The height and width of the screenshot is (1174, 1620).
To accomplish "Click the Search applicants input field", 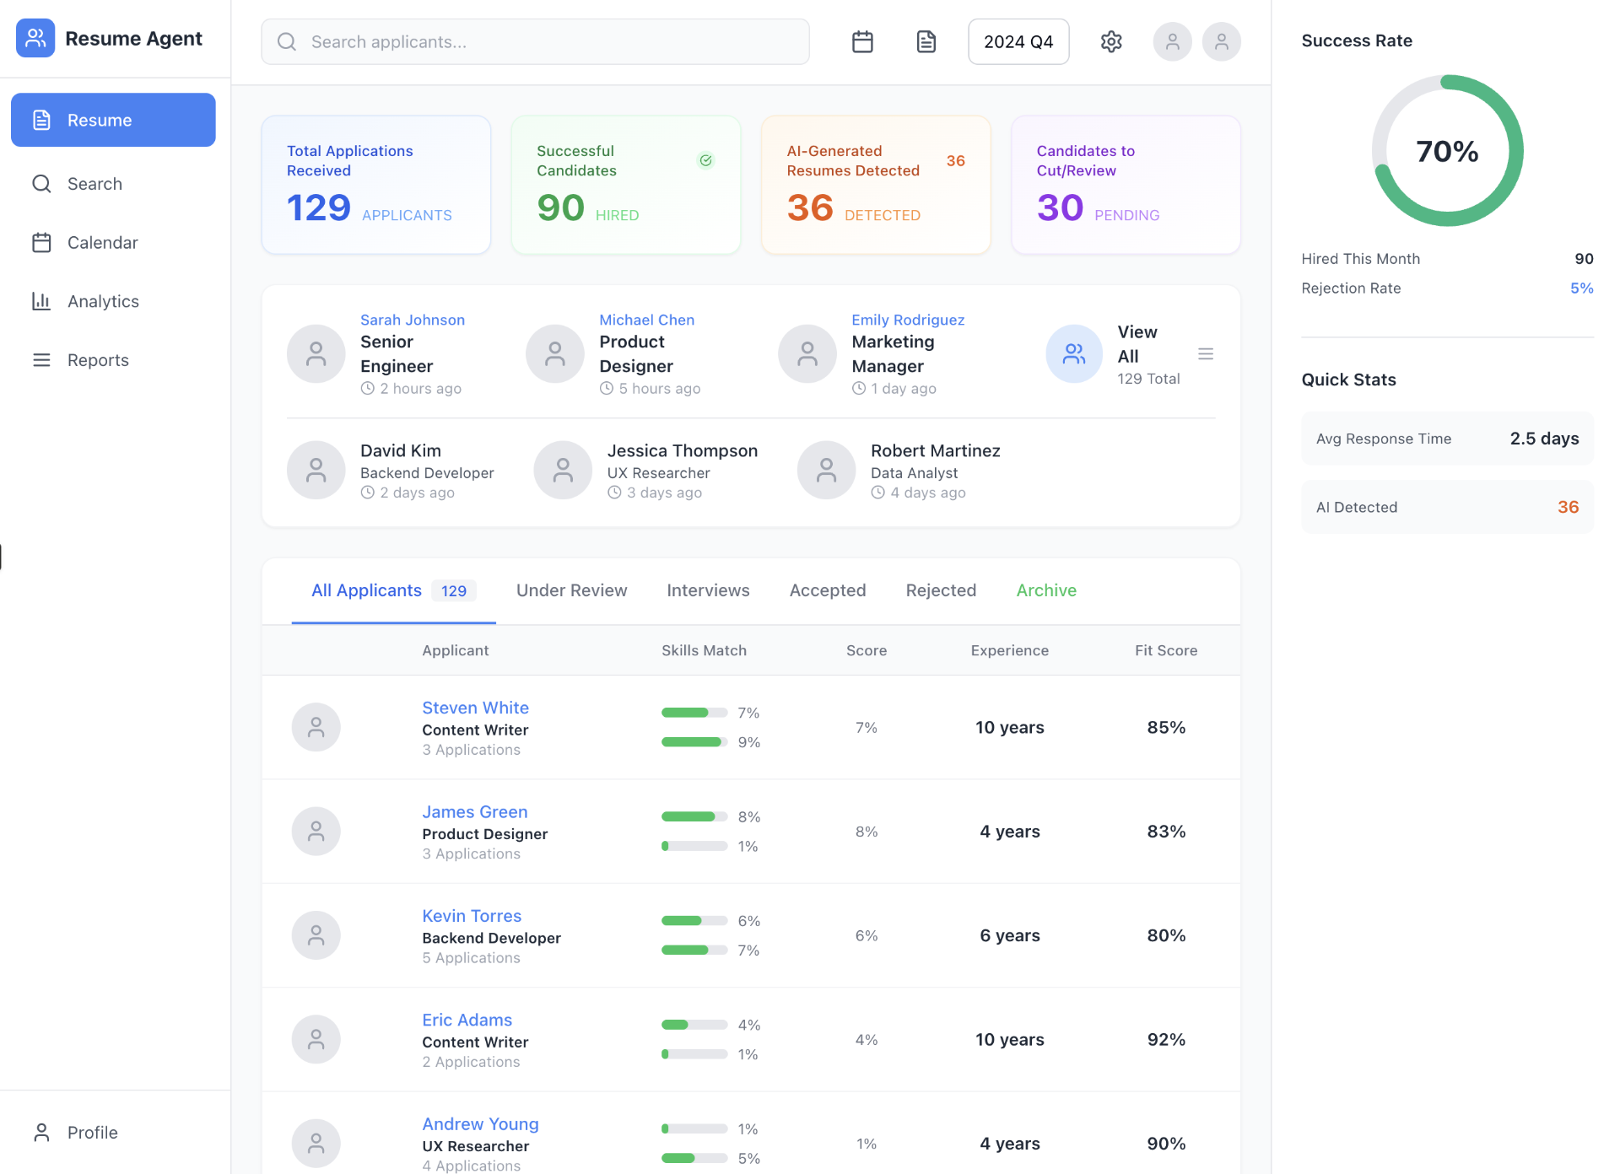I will pos(535,42).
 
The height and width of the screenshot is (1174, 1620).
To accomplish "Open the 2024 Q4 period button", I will pos(1018,42).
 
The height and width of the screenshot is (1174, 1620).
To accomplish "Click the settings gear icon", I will pos(1110,42).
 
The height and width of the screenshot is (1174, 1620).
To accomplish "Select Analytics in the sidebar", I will pos(103,301).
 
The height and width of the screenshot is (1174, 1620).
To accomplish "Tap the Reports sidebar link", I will pos(98,360).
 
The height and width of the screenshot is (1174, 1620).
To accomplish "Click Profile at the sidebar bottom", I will pos(92,1132).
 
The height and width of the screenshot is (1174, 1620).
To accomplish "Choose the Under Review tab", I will pos(571,590).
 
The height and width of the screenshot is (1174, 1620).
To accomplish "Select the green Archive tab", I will pos(1045,590).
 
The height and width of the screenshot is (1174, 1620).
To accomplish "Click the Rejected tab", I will pos(940,590).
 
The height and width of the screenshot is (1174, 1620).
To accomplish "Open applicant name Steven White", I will pos(475,708).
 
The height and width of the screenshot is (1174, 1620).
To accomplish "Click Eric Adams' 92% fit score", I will pos(1165,1039).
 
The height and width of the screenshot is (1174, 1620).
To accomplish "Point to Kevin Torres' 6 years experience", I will pos(1009,935).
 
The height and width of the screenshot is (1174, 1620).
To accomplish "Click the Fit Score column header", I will pos(1165,650).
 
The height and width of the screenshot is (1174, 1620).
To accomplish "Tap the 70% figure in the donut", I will pos(1446,152).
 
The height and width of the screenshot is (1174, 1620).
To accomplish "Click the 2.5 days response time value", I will pos(1543,439).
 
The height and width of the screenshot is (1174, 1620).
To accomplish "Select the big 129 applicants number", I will pos(318,207).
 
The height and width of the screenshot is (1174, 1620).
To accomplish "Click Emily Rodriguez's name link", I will pos(907,320).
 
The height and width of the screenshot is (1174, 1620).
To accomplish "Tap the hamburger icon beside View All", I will pos(1205,354).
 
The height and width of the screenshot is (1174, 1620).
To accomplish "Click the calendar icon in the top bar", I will pos(861,42).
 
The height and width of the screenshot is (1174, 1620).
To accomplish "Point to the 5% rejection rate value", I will pos(1580,288).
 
